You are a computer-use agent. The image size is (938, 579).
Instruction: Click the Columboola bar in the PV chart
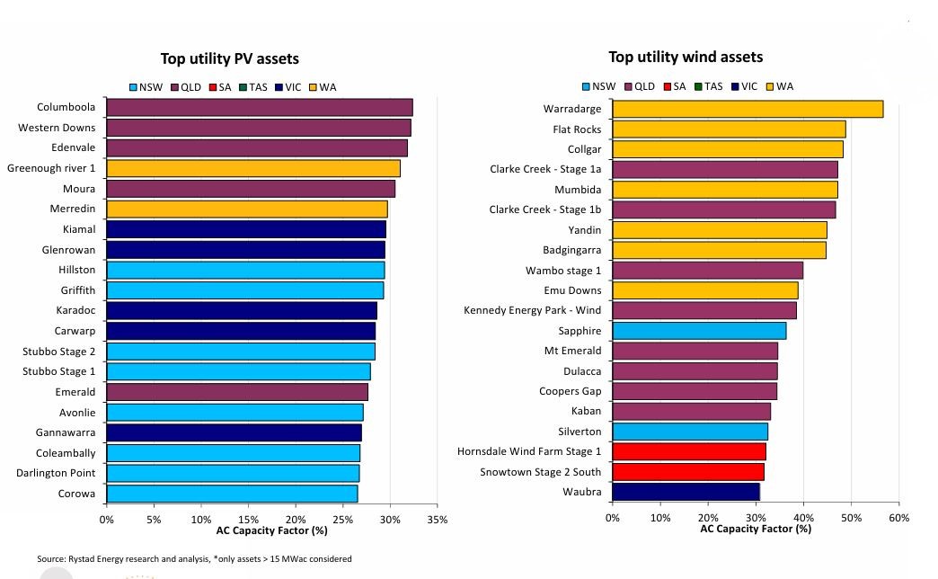click(259, 108)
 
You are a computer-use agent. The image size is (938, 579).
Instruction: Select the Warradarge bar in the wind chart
click(748, 109)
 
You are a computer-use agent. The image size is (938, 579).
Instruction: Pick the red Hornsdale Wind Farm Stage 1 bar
click(689, 451)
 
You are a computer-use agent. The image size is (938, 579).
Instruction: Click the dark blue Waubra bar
click(686, 492)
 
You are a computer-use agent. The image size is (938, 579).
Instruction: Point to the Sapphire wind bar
click(699, 331)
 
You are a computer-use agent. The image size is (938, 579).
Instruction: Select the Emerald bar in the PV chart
click(236, 392)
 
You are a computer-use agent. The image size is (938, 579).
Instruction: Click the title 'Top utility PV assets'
click(229, 58)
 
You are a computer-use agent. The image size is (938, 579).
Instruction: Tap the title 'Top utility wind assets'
click(686, 57)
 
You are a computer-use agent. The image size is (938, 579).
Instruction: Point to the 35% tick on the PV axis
click(437, 520)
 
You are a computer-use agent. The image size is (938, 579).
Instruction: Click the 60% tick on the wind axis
click(898, 518)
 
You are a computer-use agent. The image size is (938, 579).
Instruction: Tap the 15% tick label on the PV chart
click(248, 520)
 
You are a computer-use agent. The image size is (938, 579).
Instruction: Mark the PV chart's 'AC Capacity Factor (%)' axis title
click(271, 530)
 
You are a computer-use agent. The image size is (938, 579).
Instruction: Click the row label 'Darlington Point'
click(56, 473)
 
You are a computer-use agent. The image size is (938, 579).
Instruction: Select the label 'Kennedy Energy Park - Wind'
click(532, 311)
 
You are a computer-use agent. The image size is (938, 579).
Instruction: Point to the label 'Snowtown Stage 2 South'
click(540, 472)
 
